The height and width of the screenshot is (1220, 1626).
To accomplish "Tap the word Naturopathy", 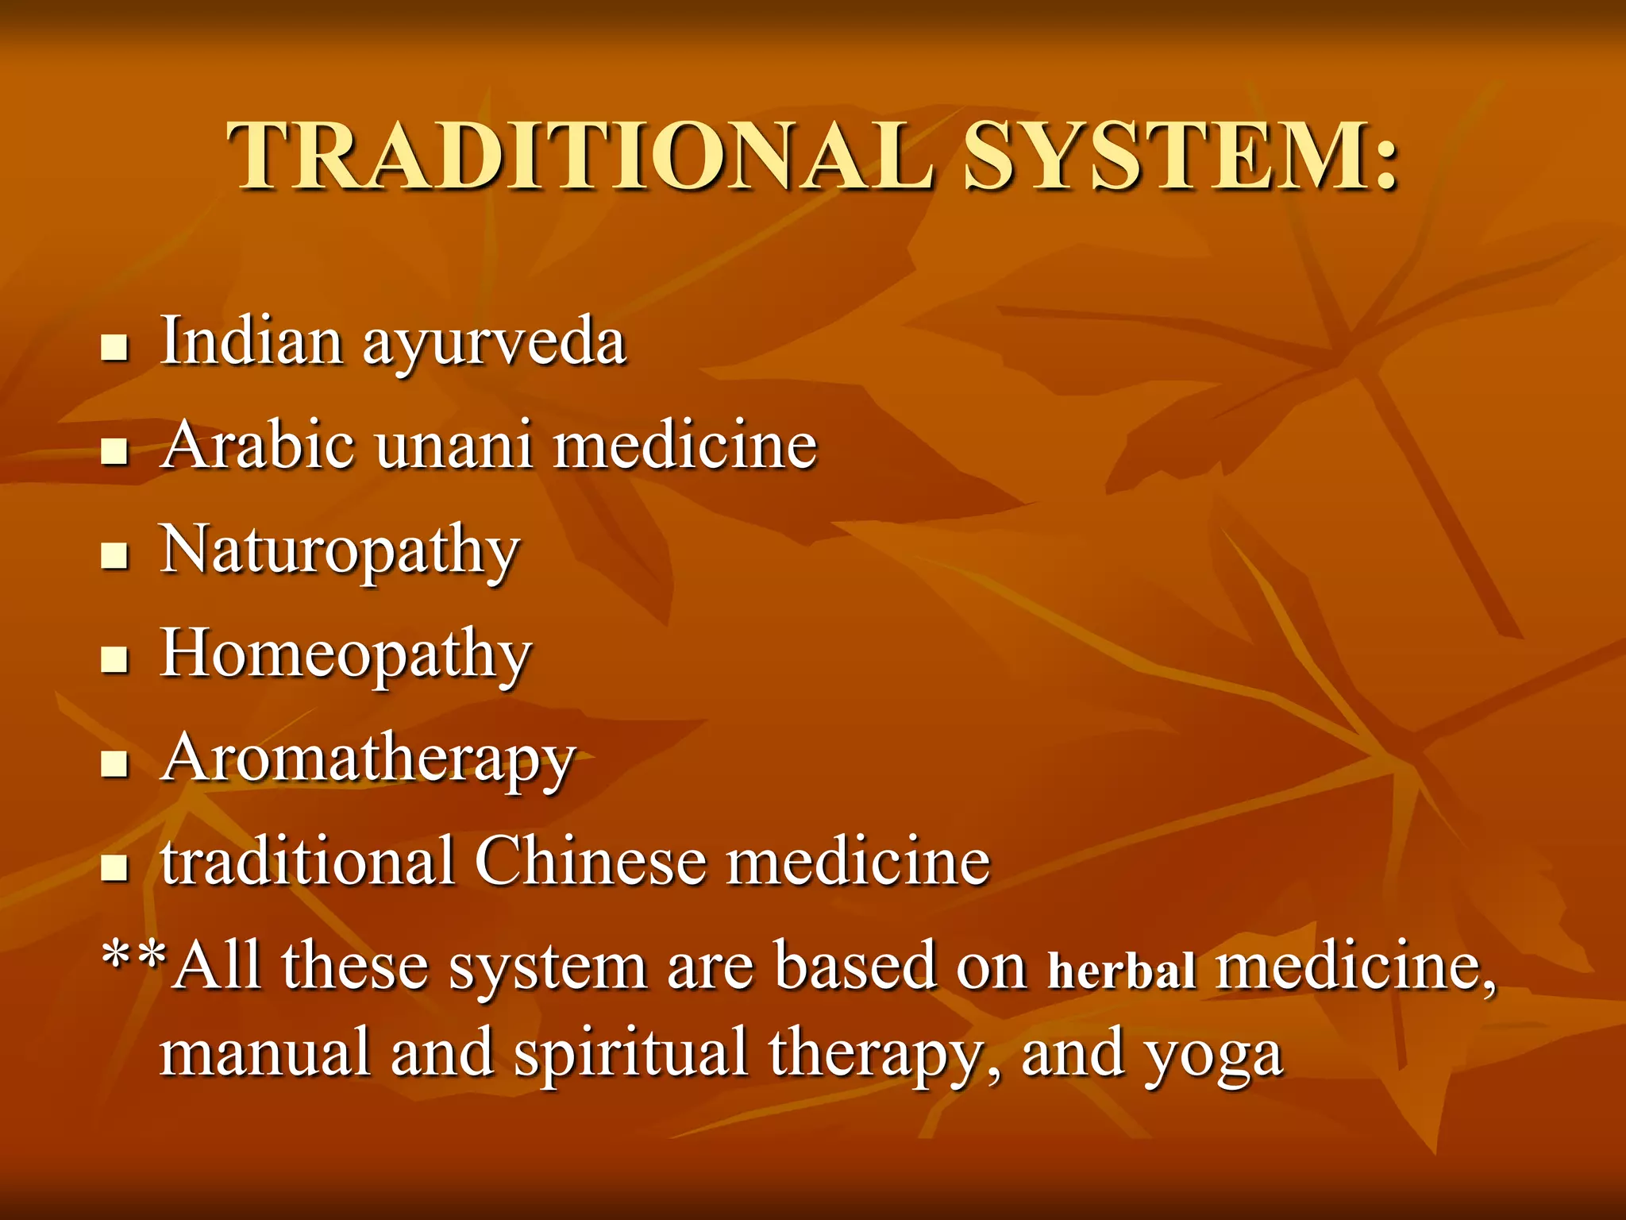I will click(340, 550).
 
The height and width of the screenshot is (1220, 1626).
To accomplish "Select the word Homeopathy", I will click(345, 655).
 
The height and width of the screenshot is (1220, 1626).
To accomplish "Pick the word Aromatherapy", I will click(368, 759).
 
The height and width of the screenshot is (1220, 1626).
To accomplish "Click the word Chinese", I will click(590, 861).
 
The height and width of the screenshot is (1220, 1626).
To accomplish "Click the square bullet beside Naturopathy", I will click(115, 555).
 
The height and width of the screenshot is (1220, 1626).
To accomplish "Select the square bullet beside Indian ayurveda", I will click(115, 347).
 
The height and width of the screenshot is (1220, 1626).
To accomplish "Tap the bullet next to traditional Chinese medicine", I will click(115, 867).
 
